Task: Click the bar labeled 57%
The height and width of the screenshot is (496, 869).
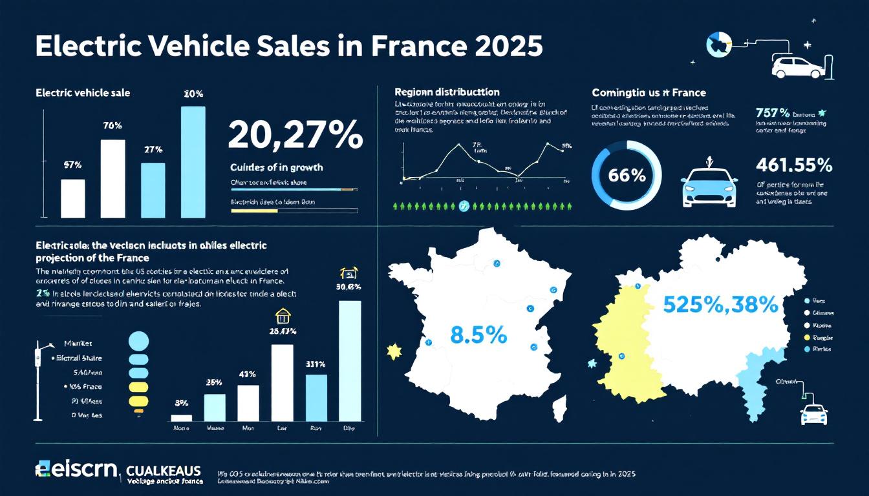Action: tap(72, 198)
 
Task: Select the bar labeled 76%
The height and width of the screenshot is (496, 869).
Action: tap(113, 178)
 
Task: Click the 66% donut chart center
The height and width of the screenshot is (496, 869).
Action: tap(627, 175)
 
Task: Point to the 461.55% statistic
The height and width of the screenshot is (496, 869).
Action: tap(793, 165)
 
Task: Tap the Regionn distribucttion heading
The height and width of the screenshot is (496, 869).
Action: tap(447, 92)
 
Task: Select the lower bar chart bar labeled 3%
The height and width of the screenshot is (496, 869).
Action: tap(182, 418)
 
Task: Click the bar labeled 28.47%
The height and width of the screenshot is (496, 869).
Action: tap(282, 383)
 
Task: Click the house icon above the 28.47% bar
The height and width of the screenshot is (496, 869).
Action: tap(283, 315)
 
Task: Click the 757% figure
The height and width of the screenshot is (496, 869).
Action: tap(772, 113)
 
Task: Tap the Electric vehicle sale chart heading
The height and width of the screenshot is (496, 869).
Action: tap(83, 93)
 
